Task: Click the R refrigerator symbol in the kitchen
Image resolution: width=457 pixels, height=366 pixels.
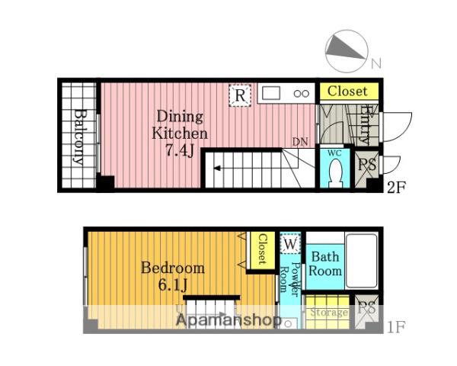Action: [240, 95]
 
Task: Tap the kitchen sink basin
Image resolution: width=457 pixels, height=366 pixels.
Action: [271, 93]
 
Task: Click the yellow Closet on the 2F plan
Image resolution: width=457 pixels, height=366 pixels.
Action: [349, 91]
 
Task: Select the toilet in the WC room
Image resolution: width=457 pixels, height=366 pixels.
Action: [336, 173]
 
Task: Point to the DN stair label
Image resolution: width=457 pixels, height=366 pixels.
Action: [300, 142]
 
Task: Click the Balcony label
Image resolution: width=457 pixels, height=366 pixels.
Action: [78, 137]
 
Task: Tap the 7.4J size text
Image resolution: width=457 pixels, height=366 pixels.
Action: [180, 151]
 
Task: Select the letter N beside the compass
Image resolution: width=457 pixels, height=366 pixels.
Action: [376, 63]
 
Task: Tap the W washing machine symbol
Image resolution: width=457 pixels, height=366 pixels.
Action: [290, 243]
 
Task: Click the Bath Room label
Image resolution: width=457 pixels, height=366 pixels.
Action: [325, 264]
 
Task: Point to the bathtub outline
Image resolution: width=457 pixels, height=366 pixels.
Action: [362, 260]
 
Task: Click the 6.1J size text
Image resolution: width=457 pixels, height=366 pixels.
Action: [173, 285]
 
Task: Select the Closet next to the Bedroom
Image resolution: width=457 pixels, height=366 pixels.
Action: [261, 250]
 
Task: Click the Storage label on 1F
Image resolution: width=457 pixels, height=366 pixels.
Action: [329, 313]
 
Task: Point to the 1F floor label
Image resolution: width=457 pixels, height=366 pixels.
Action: [396, 326]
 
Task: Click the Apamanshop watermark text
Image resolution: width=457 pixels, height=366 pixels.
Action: [229, 320]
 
